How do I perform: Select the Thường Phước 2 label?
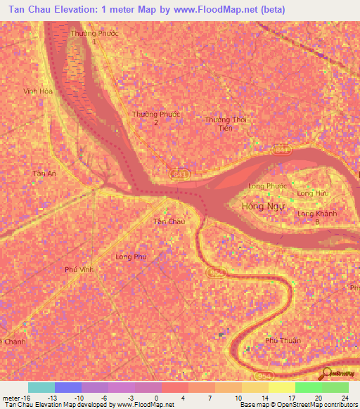(x=156, y=118)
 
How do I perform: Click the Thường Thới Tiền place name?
(x=226, y=124)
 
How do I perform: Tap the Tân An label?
(x=44, y=173)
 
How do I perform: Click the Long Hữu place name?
(x=313, y=193)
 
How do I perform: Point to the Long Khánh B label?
(x=314, y=217)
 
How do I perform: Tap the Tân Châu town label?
(x=169, y=222)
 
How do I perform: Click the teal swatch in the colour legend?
(x=41, y=387)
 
